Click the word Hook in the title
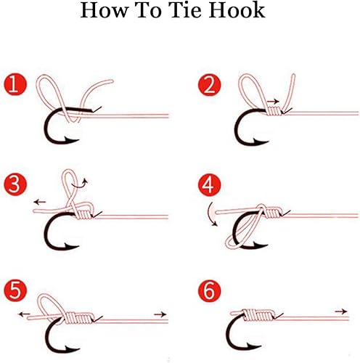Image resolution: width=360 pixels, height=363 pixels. [237, 10]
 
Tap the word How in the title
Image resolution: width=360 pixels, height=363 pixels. [105, 10]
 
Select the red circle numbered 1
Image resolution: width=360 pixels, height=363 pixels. [15, 85]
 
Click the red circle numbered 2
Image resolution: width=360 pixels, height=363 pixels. [209, 85]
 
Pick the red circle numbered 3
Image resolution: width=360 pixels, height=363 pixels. [15, 184]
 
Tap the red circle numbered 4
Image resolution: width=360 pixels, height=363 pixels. [209, 184]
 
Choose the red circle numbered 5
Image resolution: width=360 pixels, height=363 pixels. [15, 290]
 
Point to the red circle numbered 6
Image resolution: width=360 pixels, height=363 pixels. [209, 290]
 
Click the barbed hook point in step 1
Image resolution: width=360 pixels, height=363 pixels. [70, 140]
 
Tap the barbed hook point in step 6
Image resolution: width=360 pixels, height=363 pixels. [253, 346]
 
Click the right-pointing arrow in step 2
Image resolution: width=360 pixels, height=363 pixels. [274, 102]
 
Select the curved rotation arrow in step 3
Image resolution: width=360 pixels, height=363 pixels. [80, 184]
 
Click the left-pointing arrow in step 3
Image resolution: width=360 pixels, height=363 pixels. [40, 202]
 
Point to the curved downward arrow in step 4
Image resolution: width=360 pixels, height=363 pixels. [212, 214]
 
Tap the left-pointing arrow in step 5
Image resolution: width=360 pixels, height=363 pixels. [24, 314]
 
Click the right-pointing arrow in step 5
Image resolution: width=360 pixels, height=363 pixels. [160, 314]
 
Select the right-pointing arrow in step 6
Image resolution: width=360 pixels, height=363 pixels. [341, 311]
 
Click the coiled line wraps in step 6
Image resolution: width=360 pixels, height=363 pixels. [258, 315]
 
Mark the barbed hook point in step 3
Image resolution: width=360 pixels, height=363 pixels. [70, 246]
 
